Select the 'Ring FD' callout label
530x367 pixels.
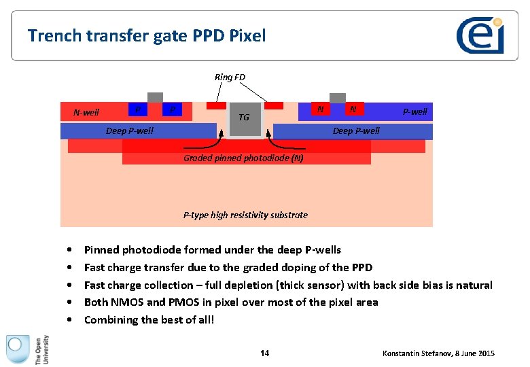[x=230, y=77]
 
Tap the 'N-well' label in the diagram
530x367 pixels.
[x=86, y=112]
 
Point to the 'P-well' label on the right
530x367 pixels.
[x=414, y=111]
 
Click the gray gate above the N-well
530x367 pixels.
[x=155, y=97]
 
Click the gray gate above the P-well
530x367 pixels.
[x=337, y=97]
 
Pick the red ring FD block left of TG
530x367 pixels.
[x=215, y=106]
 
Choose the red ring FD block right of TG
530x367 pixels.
[x=274, y=106]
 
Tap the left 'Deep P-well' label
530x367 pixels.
[x=130, y=130]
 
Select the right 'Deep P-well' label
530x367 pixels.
[x=356, y=130]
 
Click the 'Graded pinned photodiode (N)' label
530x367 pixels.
[x=243, y=158]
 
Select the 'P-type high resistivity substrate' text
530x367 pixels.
[x=245, y=215]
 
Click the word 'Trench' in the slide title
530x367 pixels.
[x=50, y=35]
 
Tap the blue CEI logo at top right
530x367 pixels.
[x=480, y=35]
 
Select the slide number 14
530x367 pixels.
[x=264, y=353]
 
